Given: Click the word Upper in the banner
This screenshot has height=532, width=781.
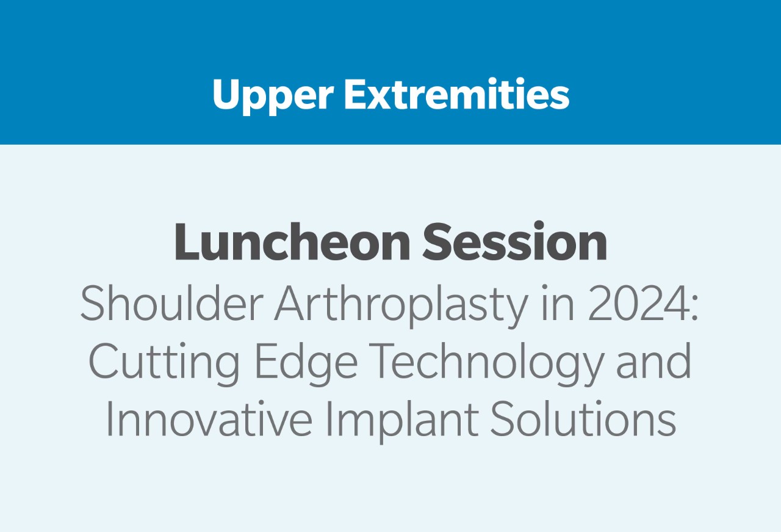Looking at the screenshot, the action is [273, 96].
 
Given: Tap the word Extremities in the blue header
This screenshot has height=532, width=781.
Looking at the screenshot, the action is [457, 93].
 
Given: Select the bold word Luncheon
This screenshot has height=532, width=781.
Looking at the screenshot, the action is [292, 242].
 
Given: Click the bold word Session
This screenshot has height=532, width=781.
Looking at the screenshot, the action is [514, 242].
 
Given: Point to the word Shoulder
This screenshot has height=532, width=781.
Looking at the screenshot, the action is [172, 302].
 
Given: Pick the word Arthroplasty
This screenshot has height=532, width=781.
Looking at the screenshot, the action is [401, 306].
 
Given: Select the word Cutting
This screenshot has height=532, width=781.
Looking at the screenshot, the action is [165, 364].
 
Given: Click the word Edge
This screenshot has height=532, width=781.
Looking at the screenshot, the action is [306, 364].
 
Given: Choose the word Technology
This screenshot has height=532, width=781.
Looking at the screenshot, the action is [486, 364].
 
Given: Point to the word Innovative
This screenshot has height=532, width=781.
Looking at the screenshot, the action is [209, 418].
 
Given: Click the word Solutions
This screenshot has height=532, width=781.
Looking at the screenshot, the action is [583, 418].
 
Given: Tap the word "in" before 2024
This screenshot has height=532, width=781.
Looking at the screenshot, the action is [558, 303].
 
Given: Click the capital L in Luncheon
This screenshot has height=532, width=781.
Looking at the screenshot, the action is [187, 242].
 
